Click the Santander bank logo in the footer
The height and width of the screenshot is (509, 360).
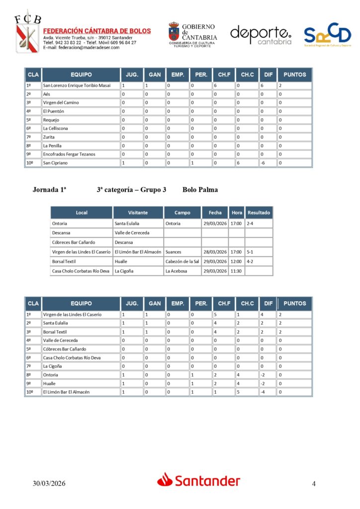pos(198,480)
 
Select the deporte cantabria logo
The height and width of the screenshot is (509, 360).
pos(261,35)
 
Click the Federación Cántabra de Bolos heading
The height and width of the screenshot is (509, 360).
pos(97,31)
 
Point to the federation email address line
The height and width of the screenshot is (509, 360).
pos(81,48)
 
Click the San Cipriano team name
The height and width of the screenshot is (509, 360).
pos(54,163)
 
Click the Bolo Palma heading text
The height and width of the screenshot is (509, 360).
pos(200,189)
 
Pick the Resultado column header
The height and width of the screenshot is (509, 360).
pos(259,212)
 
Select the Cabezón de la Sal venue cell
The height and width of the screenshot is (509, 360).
pos(182,261)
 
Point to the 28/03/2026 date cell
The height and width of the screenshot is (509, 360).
pos(215,252)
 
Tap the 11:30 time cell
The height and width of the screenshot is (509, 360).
pos(236,271)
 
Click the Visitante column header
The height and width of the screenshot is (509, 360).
pos(138,212)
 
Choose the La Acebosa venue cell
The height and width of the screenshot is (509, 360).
pos(177,271)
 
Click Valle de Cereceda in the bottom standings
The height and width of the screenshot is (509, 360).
pos(60,340)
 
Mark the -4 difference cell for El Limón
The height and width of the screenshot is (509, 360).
pos(264,392)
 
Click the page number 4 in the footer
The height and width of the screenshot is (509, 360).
pos(314,484)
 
